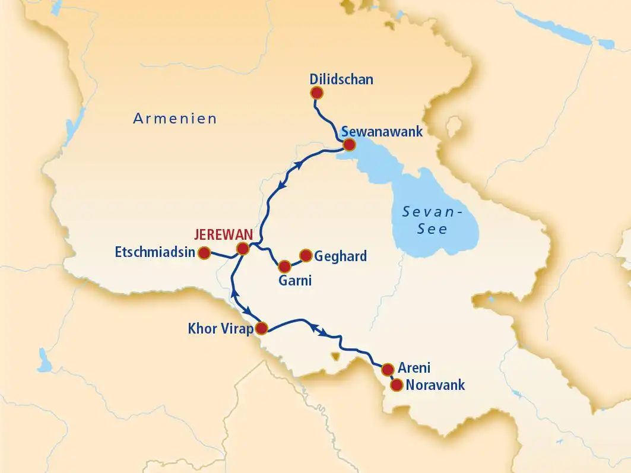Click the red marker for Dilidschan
coord(317,93)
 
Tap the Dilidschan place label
coord(341,79)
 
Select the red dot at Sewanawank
coord(349,145)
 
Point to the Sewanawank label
coord(381,131)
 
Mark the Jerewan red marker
coord(242,249)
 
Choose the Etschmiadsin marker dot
coord(204,253)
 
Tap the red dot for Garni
coord(285,266)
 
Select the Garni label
coord(295,280)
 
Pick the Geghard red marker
coord(306,255)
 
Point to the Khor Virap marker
coord(262,328)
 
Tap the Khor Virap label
coord(220,328)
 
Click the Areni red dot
coord(388,369)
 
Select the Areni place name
coord(414,368)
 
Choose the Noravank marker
coord(396,385)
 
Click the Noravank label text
coord(435,385)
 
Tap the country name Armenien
coord(175,119)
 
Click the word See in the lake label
coord(432,229)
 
